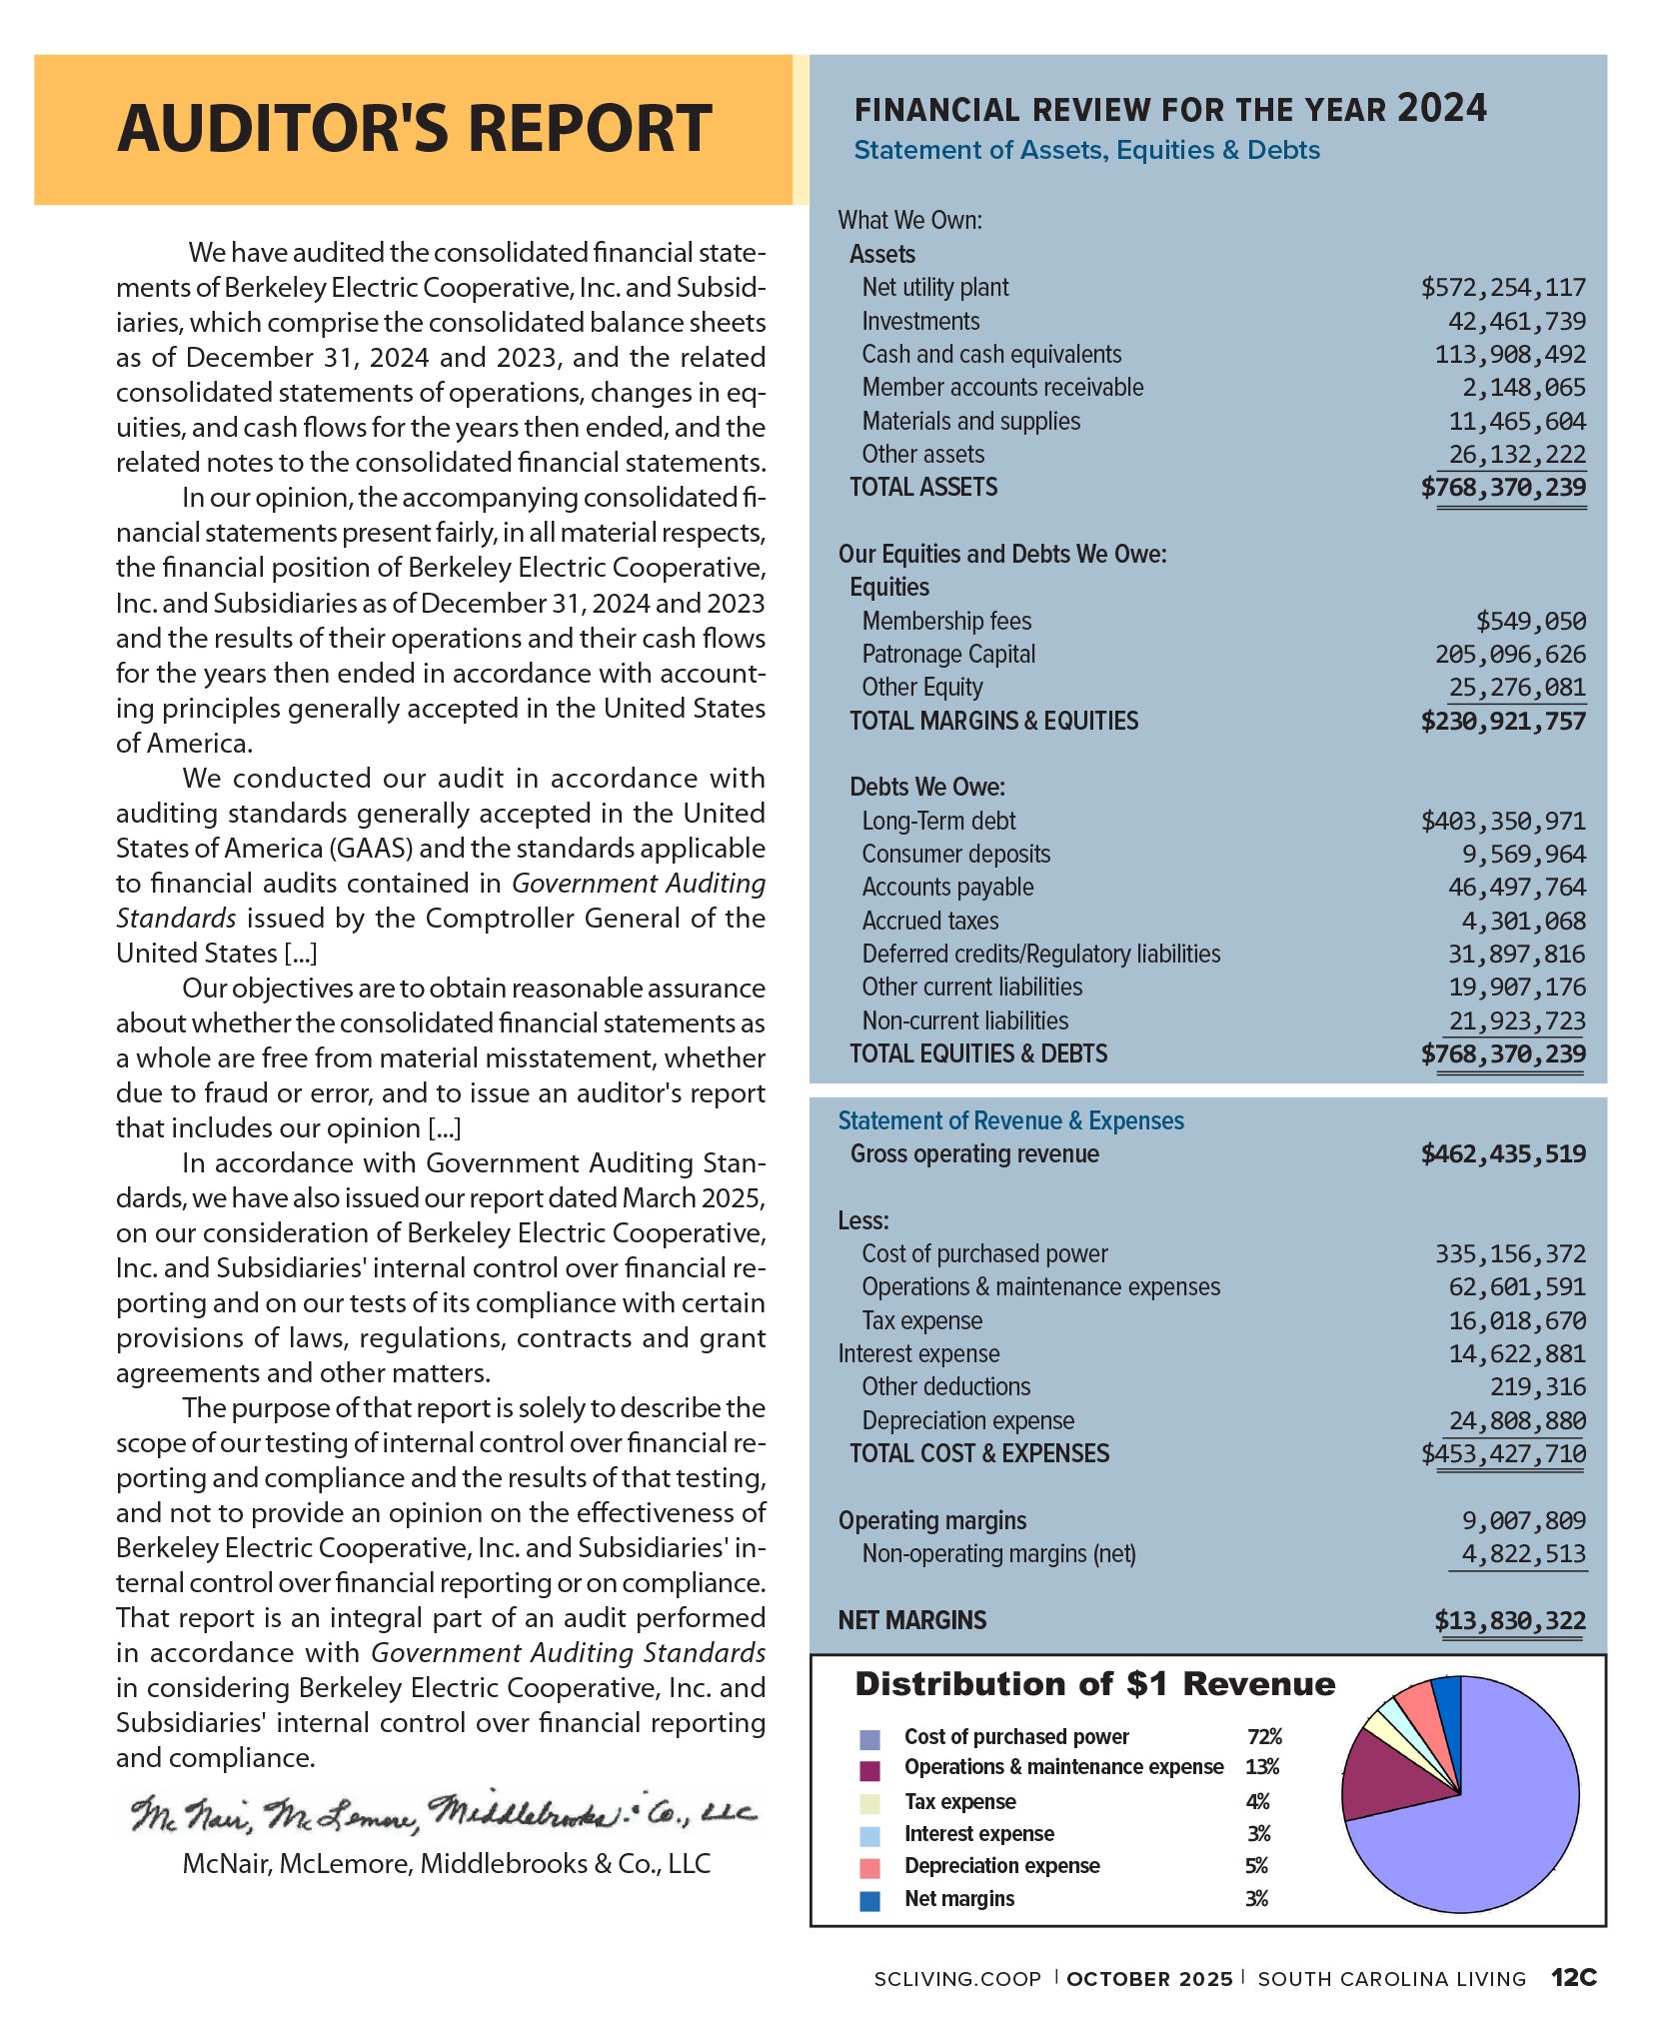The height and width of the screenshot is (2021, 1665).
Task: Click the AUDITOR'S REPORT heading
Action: pos(414,129)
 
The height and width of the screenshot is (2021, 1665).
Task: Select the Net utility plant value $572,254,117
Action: pos(1502,288)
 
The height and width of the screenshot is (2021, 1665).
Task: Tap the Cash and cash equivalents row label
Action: pos(991,355)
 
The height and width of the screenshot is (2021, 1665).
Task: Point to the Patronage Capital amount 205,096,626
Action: pos(1510,655)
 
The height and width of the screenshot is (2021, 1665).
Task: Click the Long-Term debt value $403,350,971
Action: pos(1502,822)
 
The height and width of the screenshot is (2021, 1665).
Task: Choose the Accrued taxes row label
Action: pos(929,921)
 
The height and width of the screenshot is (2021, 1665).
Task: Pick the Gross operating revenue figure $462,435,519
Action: pos(1502,1154)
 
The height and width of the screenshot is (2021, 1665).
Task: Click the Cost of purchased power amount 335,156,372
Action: pos(1510,1254)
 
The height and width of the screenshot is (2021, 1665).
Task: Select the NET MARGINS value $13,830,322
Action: pos(1509,1620)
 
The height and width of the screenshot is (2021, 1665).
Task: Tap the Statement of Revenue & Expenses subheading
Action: pos(1010,1121)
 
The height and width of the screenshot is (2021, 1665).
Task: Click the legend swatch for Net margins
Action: pos(869,1900)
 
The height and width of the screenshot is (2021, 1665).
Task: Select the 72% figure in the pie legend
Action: pos(1264,1737)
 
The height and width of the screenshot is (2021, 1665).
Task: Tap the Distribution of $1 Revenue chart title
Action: pos(1094,1685)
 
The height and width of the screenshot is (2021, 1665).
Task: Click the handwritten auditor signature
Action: pos(444,1813)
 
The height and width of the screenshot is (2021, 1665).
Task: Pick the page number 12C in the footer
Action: pos(1574,1978)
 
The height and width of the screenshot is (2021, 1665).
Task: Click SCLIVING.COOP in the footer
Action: pos(956,1979)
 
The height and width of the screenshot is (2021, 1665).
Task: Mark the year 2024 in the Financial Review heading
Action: pos(1441,108)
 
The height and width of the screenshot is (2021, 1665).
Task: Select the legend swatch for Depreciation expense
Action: pos(869,1867)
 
